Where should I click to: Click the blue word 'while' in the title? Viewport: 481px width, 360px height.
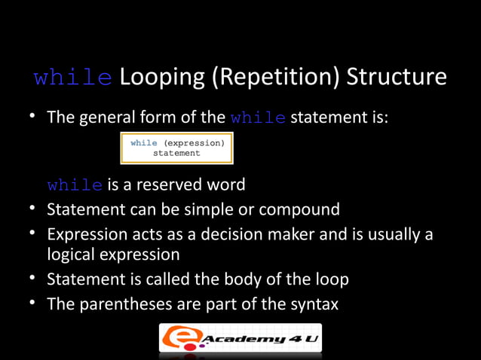74,78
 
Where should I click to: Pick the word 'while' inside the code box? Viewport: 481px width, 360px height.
144,142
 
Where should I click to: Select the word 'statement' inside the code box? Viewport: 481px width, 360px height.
176,153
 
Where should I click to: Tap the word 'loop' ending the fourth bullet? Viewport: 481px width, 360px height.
332,279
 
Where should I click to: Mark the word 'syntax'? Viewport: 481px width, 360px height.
312,304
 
